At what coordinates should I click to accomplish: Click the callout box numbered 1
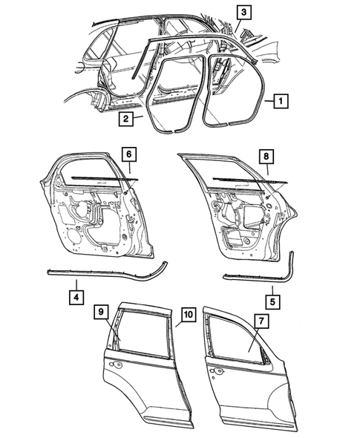click(280, 99)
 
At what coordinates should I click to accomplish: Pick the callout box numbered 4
click(76, 298)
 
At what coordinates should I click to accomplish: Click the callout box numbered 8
click(264, 157)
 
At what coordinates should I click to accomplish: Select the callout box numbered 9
click(100, 315)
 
